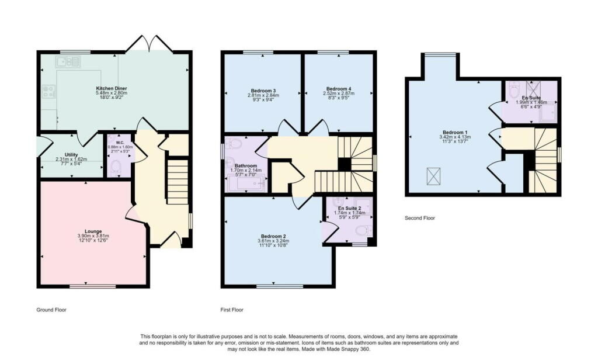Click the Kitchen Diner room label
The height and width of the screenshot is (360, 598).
pyautogui.click(x=112, y=89)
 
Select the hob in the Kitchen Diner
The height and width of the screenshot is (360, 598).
pyautogui.click(x=48, y=91)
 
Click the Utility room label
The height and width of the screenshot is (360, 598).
pyautogui.click(x=63, y=154)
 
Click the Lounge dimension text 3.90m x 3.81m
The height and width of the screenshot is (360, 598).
pyautogui.click(x=93, y=236)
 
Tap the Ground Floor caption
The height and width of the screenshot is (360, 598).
pyautogui.click(x=52, y=310)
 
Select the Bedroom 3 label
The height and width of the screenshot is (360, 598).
pyautogui.click(x=263, y=91)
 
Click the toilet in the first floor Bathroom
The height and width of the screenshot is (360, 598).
pyautogui.click(x=235, y=144)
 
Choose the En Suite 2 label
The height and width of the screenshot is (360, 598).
pyautogui.click(x=350, y=208)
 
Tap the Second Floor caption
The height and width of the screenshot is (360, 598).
pyautogui.click(x=420, y=218)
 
